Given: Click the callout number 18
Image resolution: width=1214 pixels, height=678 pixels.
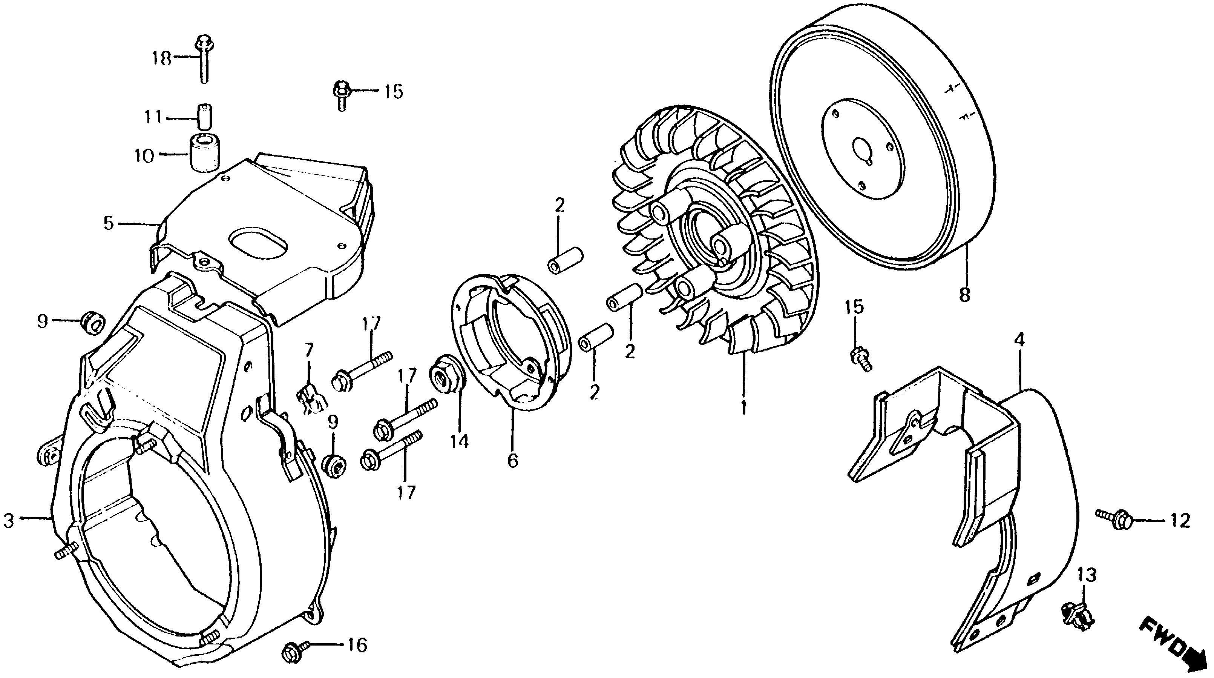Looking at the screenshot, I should (x=162, y=59).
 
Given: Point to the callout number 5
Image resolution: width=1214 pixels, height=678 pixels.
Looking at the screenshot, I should (x=109, y=223).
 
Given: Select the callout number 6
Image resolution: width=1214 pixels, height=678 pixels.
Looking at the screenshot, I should (x=513, y=460).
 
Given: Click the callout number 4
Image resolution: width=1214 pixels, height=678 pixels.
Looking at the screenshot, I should (x=1019, y=340).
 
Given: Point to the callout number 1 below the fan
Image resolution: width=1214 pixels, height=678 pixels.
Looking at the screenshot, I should (x=743, y=407).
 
